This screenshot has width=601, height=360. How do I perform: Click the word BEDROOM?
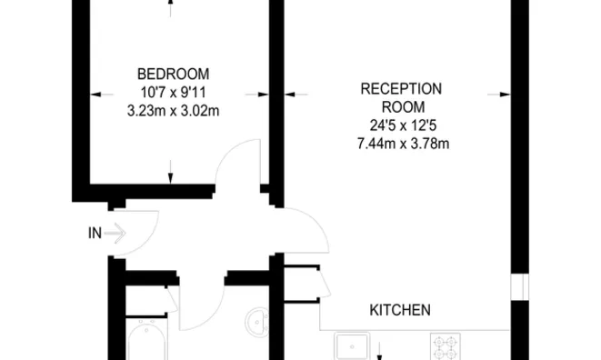(x=173, y=74)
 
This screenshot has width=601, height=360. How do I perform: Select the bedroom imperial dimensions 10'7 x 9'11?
(x=173, y=92)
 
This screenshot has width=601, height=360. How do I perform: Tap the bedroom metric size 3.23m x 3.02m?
(x=173, y=110)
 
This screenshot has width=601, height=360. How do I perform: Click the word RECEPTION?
(x=401, y=88)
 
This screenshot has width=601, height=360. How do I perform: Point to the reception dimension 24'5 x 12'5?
(x=401, y=125)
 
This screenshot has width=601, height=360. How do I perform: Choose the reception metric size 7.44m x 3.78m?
(x=401, y=144)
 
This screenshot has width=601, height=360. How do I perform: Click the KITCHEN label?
(x=399, y=310)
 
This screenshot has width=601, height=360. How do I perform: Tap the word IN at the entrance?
(x=95, y=234)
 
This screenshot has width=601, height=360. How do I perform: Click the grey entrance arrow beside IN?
(x=115, y=234)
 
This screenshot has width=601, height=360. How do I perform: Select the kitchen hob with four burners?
(x=446, y=347)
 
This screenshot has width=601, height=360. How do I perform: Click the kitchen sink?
(x=352, y=347)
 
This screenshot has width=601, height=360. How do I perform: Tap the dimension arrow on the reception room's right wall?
(x=496, y=92)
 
